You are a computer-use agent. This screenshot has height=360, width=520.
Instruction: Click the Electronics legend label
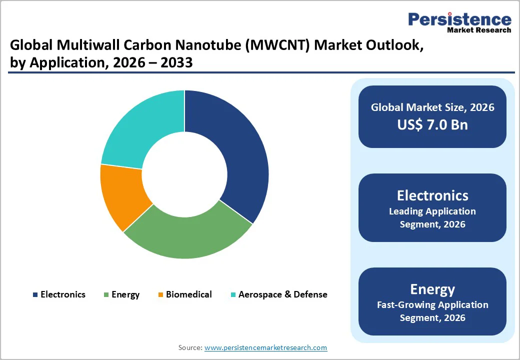63,294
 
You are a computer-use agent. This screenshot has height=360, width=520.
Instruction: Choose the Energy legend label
125,294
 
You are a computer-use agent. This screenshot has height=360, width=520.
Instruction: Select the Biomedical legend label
188,294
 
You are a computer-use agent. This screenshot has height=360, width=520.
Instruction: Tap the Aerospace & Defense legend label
282,294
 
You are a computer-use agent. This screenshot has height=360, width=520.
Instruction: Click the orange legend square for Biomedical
160,295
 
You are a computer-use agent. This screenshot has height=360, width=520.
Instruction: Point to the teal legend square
232,295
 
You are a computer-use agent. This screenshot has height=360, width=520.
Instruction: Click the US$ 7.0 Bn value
432,124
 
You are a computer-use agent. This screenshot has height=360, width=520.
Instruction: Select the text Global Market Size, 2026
432,107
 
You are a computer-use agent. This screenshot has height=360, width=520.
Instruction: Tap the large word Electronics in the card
432,195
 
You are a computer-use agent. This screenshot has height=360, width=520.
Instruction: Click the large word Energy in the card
432,289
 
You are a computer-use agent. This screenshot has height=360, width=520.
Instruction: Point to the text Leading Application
432,211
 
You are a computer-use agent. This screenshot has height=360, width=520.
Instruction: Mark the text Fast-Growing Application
432,304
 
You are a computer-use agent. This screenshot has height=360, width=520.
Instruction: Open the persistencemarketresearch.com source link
265,347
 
